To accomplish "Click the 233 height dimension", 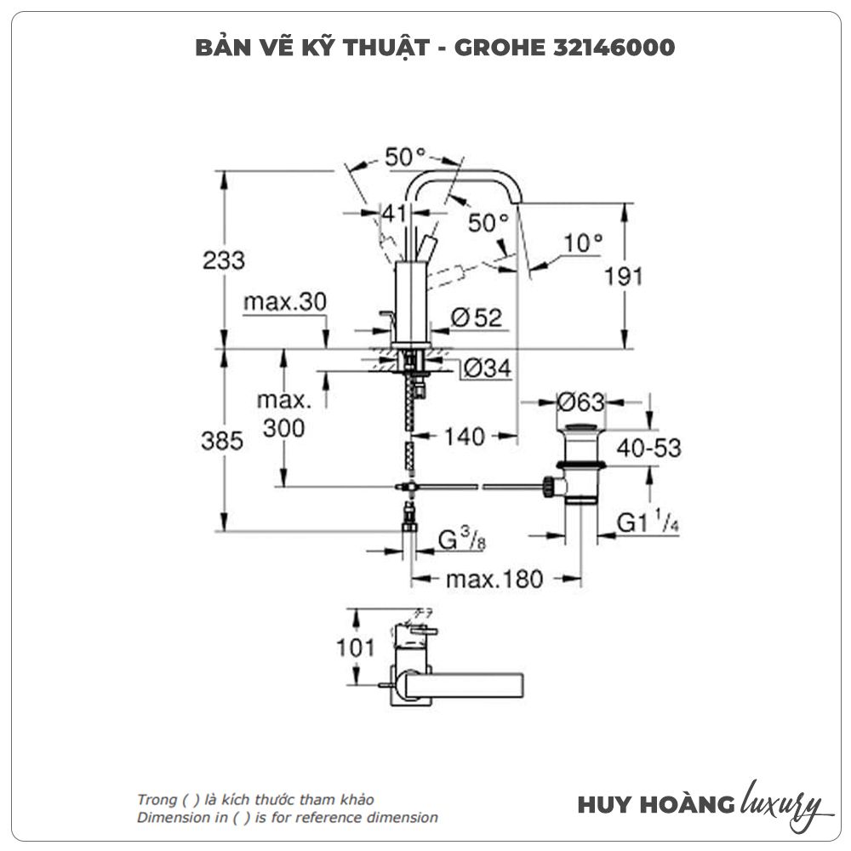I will tap(224, 260).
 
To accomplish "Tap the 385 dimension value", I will tap(223, 441).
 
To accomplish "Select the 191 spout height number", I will tap(624, 276).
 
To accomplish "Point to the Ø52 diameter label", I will tap(477, 318).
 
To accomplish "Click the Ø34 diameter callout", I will tap(488, 369).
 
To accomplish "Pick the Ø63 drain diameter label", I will tap(580, 401).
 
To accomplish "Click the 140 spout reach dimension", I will tap(465, 437).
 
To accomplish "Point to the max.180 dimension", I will tap(494, 580).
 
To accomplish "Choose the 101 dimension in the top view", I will tap(354, 648).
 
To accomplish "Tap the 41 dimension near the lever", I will tap(392, 213).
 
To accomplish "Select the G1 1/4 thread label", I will tap(647, 523).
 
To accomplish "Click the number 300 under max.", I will tap(283, 428).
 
